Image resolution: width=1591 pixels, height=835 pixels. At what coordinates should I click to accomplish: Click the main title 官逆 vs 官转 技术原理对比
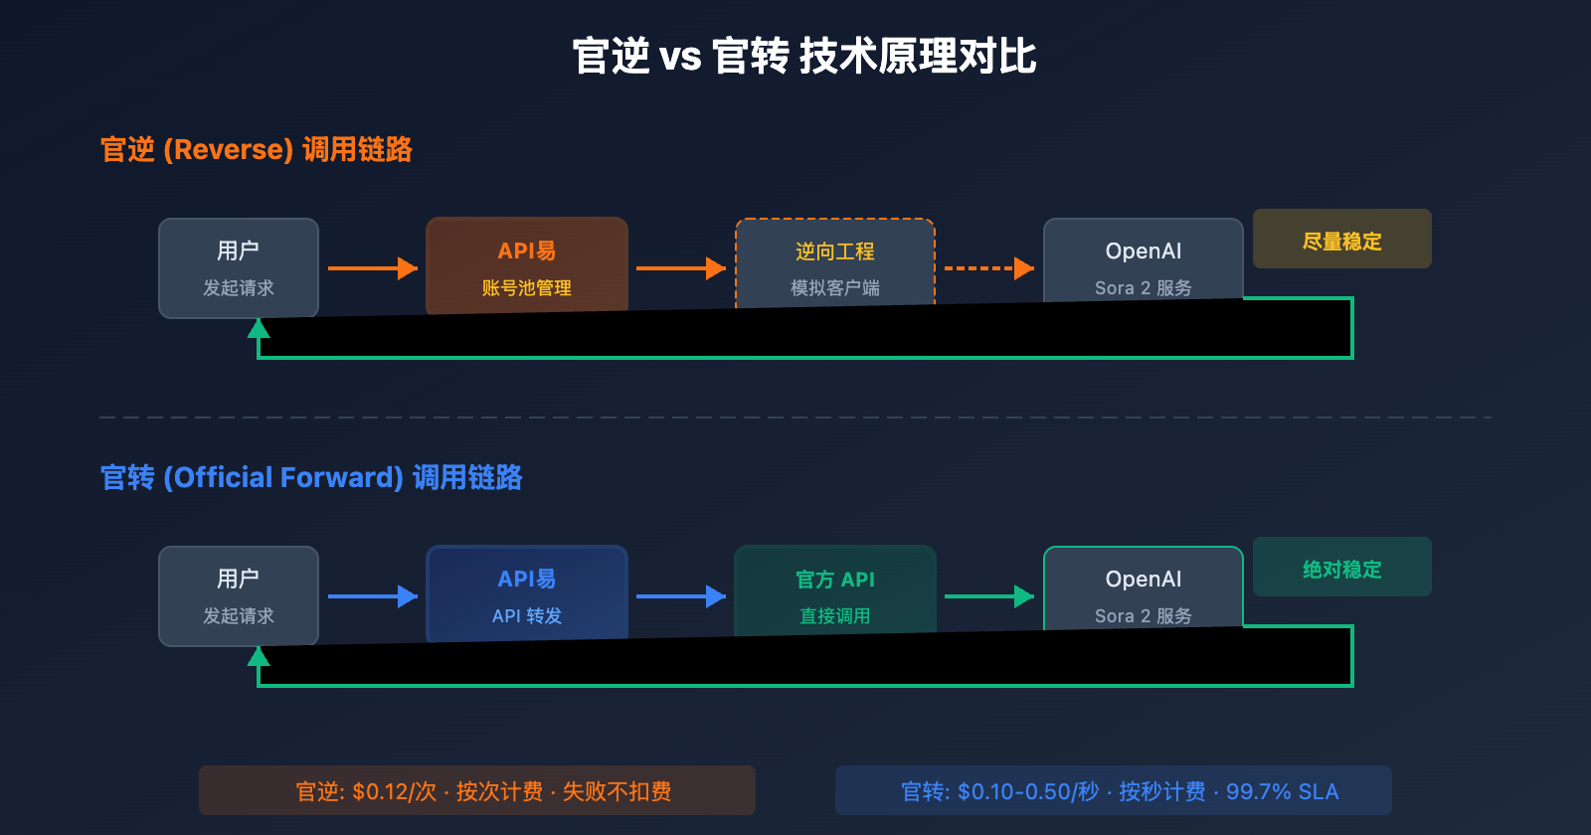click(803, 57)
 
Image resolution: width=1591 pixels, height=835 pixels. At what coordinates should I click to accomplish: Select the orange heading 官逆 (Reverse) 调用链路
click(256, 150)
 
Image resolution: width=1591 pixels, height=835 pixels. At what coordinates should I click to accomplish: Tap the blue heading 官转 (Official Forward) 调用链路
click(310, 478)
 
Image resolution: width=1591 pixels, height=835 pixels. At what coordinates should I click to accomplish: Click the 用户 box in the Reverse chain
click(239, 266)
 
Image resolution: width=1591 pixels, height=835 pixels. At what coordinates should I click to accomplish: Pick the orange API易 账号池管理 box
click(527, 264)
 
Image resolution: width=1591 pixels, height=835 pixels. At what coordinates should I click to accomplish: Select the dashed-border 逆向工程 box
click(835, 263)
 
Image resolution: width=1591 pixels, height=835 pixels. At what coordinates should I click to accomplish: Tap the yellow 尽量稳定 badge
click(1341, 240)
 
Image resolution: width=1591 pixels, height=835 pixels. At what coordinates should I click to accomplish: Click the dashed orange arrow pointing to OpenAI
click(988, 268)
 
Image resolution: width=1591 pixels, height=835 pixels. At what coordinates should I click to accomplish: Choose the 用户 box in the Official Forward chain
click(239, 594)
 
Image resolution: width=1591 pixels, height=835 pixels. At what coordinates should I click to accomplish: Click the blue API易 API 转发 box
click(527, 592)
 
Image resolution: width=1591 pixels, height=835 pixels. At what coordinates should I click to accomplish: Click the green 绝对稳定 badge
click(1341, 568)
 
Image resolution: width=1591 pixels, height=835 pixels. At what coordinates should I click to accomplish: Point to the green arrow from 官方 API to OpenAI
click(988, 596)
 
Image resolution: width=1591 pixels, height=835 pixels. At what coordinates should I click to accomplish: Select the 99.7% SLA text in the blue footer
click(1282, 792)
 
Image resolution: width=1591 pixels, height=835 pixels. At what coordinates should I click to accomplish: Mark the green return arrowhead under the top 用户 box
click(259, 329)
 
